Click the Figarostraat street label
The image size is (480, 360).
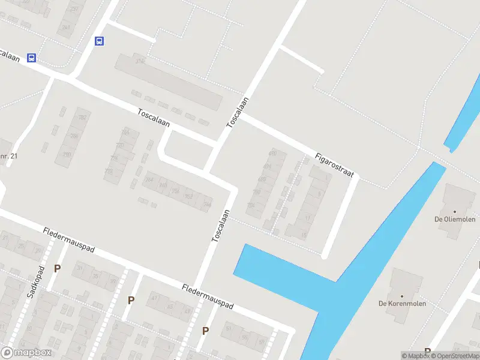[x=334, y=165]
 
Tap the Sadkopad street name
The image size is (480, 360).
[x=34, y=281]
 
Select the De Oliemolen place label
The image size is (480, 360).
[x=455, y=219]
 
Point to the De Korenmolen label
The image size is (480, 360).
[x=401, y=303]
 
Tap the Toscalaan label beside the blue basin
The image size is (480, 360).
[x=221, y=226]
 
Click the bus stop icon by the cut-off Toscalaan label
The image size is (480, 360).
[x=32, y=58]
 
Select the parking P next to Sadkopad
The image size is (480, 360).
[x=57, y=269]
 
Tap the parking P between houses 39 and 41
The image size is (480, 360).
[x=130, y=299]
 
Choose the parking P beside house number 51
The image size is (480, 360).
[x=205, y=331]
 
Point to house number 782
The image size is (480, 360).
[x=82, y=117]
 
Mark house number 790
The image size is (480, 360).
[x=67, y=155]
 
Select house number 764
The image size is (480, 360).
[x=149, y=180]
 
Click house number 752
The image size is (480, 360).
[x=188, y=196]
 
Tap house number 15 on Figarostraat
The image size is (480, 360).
[x=304, y=235]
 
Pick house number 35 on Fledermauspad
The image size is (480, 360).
[x=97, y=275]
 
